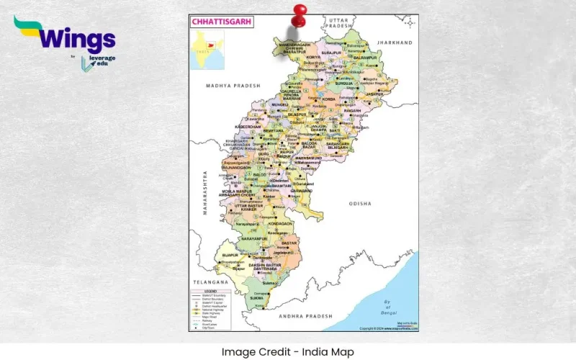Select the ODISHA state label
pos(361,204)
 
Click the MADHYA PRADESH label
pos(232,86)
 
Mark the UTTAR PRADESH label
pos(336,22)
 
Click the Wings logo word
pos(73,37)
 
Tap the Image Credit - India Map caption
pos(288,351)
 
